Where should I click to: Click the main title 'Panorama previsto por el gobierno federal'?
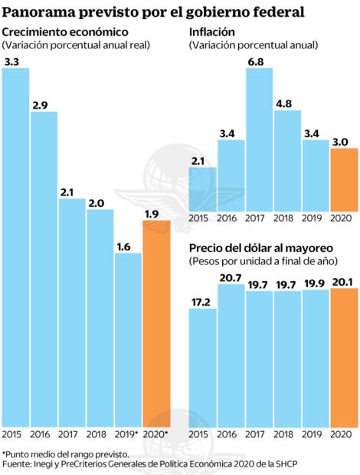click(153, 11)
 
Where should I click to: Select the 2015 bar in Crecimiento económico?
click(16, 245)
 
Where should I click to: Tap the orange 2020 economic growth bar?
click(156, 322)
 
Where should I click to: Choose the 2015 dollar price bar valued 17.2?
click(202, 368)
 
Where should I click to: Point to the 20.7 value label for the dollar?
click(231, 277)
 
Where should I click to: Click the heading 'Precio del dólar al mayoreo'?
click(260, 247)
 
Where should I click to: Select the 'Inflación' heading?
click(212, 31)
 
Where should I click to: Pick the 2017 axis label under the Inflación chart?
click(259, 218)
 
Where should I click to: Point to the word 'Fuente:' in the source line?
click(17, 464)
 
